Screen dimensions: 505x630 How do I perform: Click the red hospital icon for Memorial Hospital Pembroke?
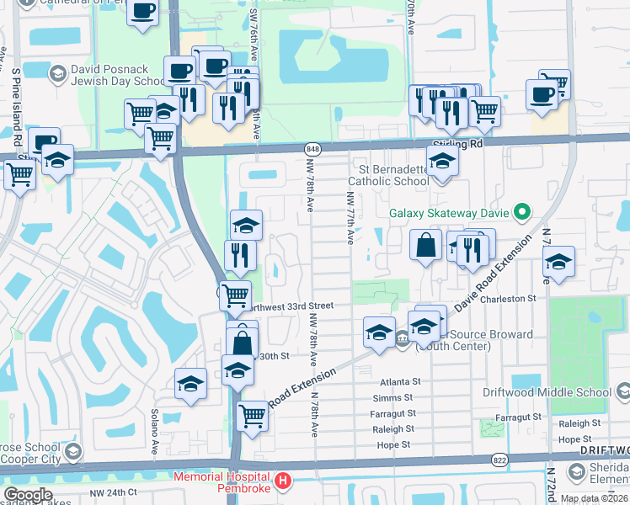(x=284, y=481)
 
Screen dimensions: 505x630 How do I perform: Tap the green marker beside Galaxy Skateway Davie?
(x=522, y=212)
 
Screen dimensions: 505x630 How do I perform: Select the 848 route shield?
(x=313, y=149)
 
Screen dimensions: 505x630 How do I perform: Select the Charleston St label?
(x=508, y=299)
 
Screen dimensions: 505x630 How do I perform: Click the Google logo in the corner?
(x=27, y=495)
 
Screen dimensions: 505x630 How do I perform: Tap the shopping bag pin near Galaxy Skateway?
(x=426, y=246)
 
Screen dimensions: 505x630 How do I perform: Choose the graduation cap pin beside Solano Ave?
(x=191, y=383)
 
